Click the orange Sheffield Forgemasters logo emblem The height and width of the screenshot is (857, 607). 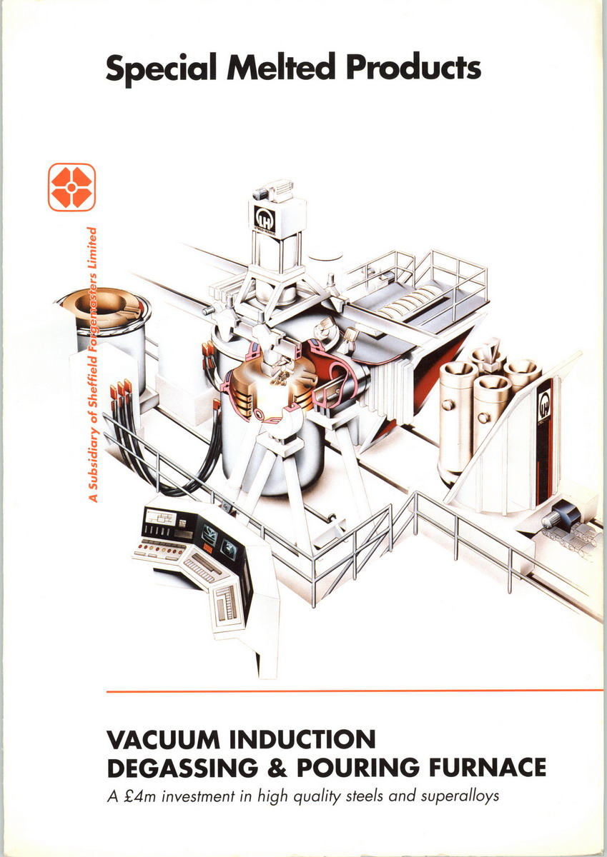tap(71, 187)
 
